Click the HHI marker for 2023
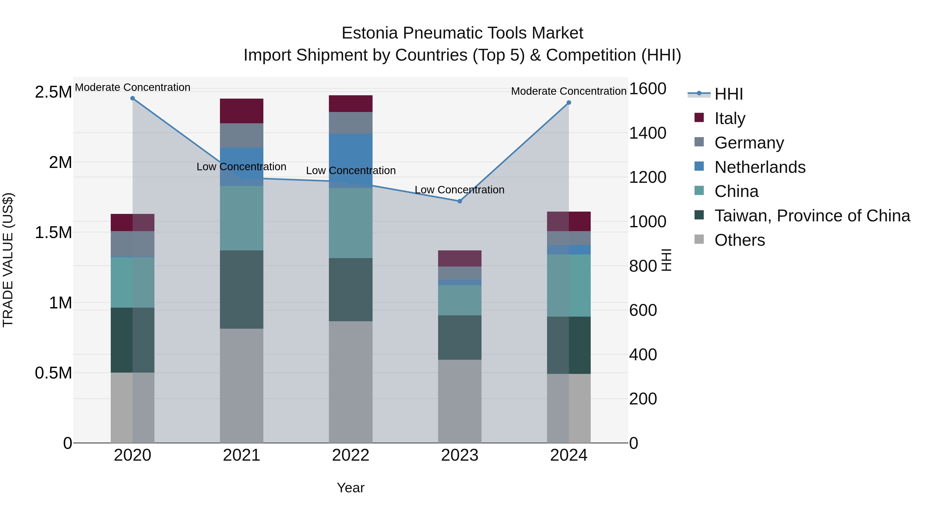tap(460, 201)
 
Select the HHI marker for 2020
tap(133, 98)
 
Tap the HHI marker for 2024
tap(569, 103)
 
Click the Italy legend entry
tap(730, 118)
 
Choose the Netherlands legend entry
tap(760, 167)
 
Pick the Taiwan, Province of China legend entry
tap(812, 216)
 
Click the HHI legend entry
tap(729, 94)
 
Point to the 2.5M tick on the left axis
tap(53, 92)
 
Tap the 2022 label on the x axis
tap(350, 455)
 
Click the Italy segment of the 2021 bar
tap(242, 111)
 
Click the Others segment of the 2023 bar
tap(460, 401)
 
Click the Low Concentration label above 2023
tap(460, 190)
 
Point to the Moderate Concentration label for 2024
tap(569, 91)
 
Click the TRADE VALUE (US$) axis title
tap(8, 260)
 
